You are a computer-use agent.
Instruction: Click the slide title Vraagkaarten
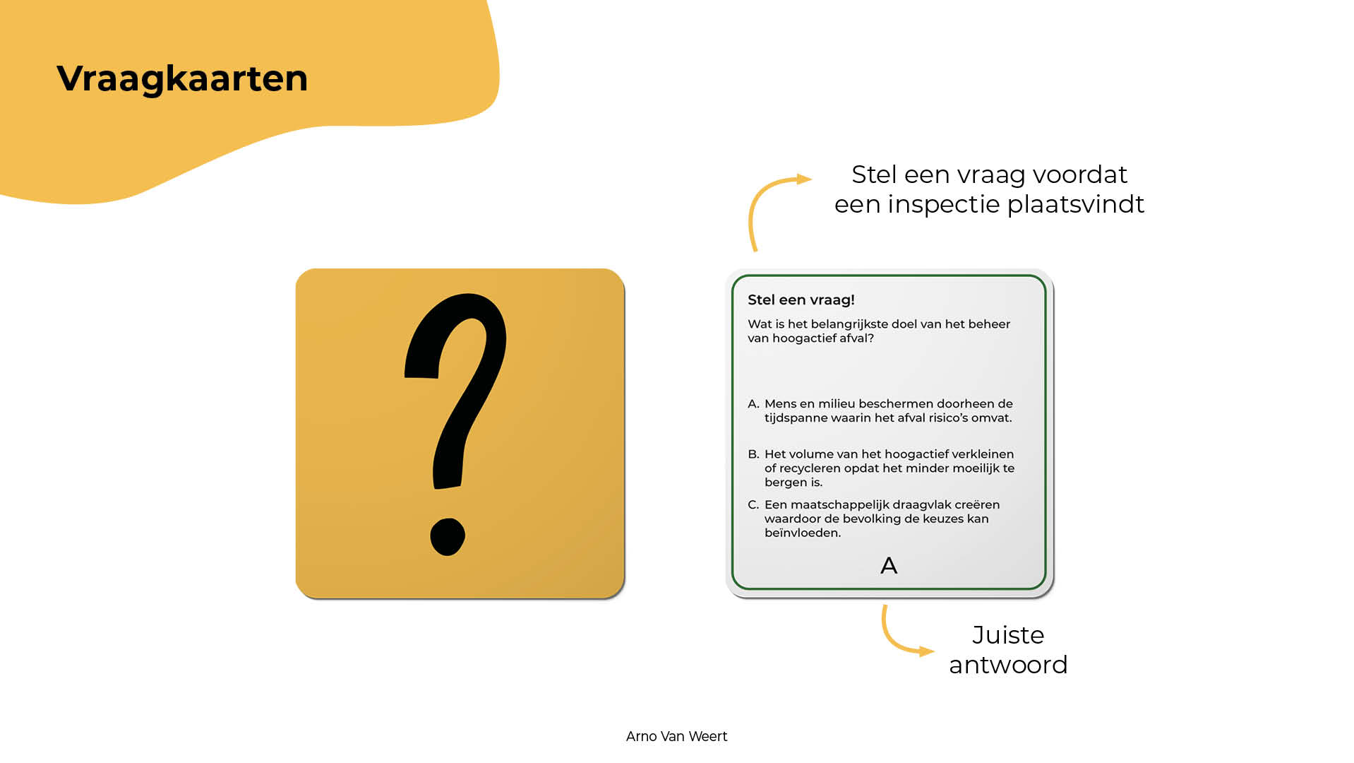pyautogui.click(x=182, y=79)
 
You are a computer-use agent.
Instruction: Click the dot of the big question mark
pyautogui.click(x=448, y=537)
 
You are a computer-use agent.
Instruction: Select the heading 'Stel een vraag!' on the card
pyautogui.click(x=801, y=300)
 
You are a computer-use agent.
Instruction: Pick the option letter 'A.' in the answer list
pyautogui.click(x=753, y=404)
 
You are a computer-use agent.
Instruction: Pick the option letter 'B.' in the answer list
pyautogui.click(x=753, y=454)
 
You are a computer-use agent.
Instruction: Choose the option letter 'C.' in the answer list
pyautogui.click(x=753, y=505)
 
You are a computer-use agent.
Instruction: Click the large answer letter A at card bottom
pyautogui.click(x=889, y=565)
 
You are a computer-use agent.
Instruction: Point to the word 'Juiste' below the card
pyautogui.click(x=1008, y=635)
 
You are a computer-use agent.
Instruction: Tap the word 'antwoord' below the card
pyautogui.click(x=1008, y=666)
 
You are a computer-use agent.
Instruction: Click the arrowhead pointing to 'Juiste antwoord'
pyautogui.click(x=926, y=651)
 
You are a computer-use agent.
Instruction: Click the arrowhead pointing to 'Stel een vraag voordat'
pyautogui.click(x=804, y=179)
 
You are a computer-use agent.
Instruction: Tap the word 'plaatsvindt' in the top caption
pyautogui.click(x=1076, y=205)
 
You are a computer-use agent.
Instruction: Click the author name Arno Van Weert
pyautogui.click(x=676, y=736)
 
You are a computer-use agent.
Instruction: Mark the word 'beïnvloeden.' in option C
pyautogui.click(x=803, y=533)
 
